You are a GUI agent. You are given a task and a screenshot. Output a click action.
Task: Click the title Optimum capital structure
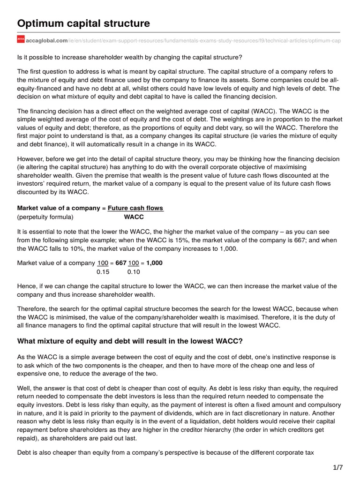pos(83,23)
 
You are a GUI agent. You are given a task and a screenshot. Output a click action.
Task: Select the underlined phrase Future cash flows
pos(135,208)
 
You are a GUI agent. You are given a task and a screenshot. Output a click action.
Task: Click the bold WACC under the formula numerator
pos(134,217)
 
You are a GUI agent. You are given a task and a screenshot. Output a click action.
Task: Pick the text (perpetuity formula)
pos(45,217)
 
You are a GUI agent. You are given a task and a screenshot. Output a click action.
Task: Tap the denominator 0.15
pos(103,271)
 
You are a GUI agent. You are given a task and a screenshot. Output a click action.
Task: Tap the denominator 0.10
pos(134,271)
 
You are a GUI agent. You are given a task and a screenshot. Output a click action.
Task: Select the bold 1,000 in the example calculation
pos(153,263)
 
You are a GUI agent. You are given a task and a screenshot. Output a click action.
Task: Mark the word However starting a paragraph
pos(31,159)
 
